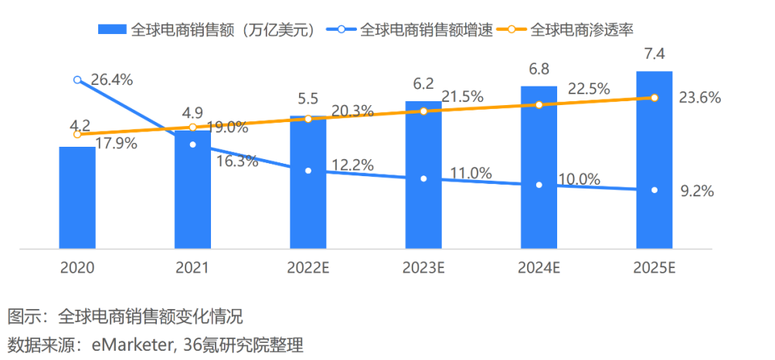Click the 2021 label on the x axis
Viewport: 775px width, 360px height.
(x=192, y=268)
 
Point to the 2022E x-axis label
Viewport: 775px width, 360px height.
(x=308, y=268)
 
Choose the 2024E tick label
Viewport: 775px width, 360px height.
(x=539, y=268)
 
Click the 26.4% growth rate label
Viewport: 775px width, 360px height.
(x=112, y=80)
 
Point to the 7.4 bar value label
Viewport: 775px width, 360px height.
(x=654, y=56)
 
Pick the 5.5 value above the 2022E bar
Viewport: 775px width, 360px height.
(x=308, y=100)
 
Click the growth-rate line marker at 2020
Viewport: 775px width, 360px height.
(x=77, y=80)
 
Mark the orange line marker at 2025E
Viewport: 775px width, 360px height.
(x=654, y=98)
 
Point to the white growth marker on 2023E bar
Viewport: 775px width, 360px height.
(x=423, y=178)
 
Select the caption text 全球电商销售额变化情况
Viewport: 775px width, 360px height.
(x=151, y=317)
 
